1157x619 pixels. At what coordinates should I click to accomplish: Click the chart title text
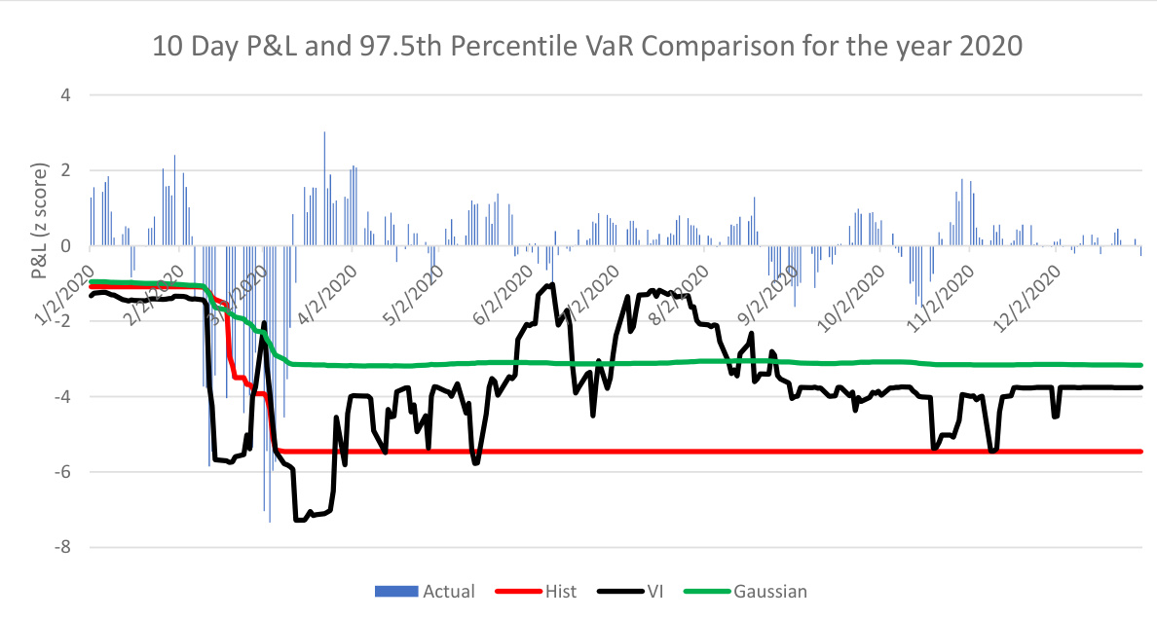[x=586, y=46]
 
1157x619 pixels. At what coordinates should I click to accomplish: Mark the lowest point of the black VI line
[x=298, y=521]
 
